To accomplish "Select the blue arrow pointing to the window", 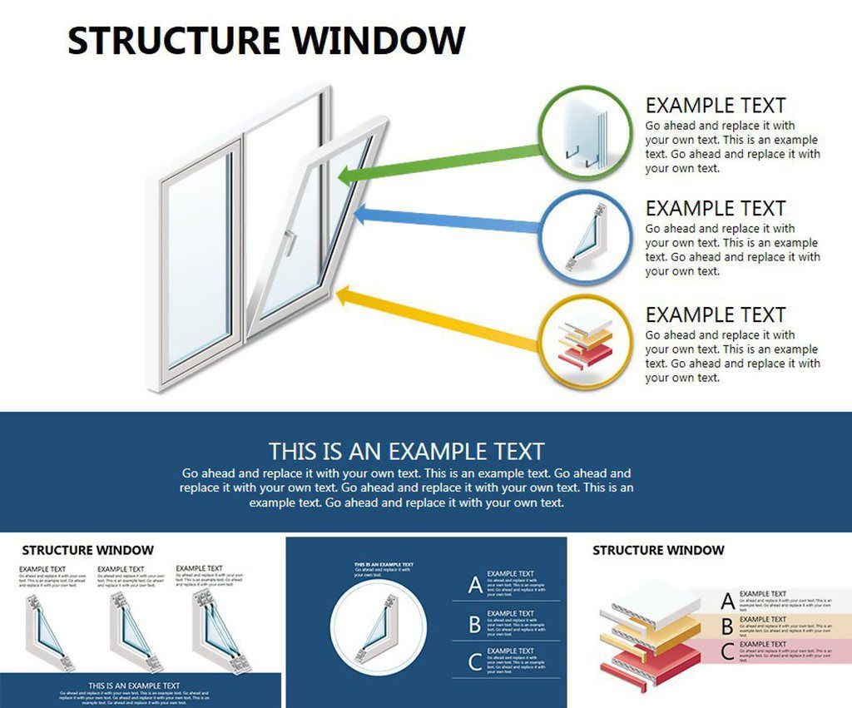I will point(449,221).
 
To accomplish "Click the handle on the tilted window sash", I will point(290,240).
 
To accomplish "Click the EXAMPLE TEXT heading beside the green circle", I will point(716,106).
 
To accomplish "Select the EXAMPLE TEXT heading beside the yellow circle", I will point(716,315).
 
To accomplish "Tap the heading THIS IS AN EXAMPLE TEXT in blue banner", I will point(406,452).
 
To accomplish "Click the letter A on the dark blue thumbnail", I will point(474,585).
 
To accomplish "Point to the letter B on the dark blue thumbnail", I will point(474,624).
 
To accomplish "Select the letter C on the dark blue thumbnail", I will point(474,662).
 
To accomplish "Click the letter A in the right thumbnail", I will point(727,602).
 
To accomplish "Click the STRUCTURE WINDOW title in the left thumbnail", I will point(87,550).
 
